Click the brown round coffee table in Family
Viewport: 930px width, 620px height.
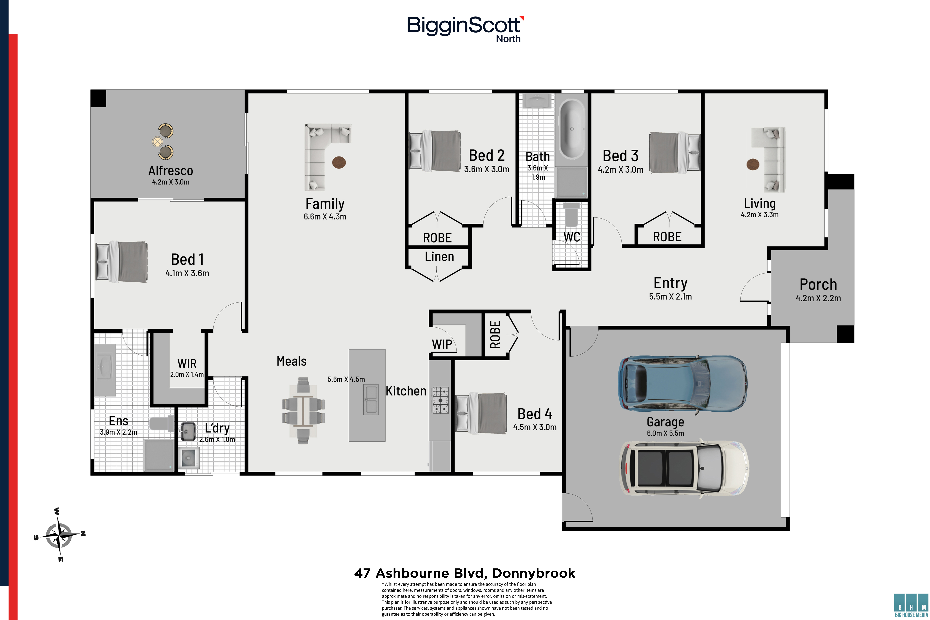(x=339, y=162)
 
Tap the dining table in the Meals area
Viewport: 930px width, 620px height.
(x=303, y=410)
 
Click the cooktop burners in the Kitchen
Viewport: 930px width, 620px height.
(x=440, y=400)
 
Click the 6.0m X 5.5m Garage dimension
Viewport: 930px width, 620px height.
(x=666, y=433)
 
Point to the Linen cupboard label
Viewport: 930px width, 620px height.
(x=439, y=257)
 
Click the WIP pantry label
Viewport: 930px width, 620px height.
(x=442, y=344)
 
